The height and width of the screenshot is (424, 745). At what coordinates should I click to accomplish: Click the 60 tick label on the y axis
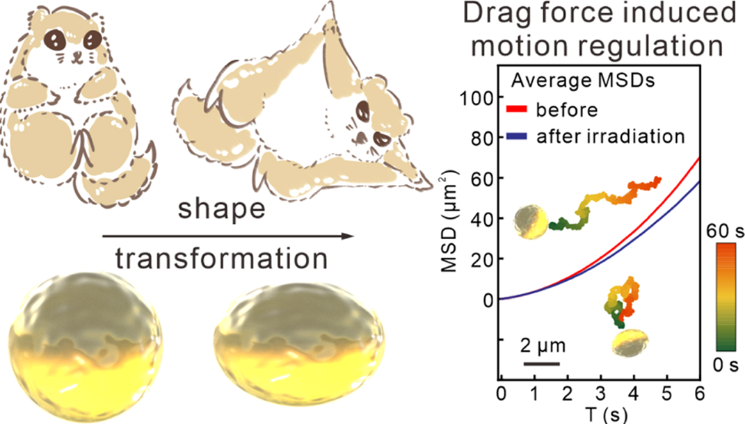tap(481, 178)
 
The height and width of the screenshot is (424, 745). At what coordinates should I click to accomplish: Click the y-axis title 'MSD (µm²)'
tap(451, 218)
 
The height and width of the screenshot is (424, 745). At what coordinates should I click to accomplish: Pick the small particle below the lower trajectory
tap(630, 342)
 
